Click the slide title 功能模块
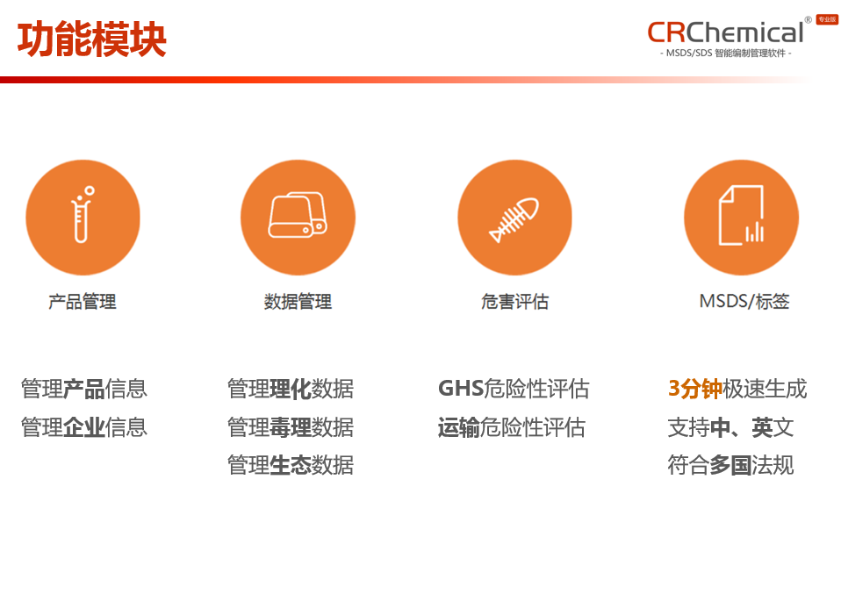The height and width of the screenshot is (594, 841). [92, 39]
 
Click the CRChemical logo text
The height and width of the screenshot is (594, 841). [725, 32]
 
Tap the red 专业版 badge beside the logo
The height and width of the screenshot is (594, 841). [827, 19]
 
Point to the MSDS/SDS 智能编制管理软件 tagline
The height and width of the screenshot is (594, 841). [725, 54]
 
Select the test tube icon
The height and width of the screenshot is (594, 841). [83, 217]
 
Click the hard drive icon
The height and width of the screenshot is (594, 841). [298, 217]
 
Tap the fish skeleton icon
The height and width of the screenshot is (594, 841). [514, 217]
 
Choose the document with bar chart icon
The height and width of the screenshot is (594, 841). [741, 217]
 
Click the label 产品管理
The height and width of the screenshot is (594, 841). [83, 302]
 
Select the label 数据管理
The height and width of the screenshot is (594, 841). [298, 302]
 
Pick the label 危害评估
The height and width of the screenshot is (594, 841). [514, 302]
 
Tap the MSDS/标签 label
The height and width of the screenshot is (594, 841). [744, 302]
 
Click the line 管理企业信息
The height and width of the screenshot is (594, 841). [84, 427]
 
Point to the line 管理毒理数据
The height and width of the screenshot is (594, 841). [291, 427]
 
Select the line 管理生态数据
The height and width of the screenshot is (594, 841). [291, 465]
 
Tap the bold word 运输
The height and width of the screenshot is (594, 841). [459, 427]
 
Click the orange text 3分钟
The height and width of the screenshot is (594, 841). [694, 389]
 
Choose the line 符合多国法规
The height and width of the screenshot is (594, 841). [730, 465]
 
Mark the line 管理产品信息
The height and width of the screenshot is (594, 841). [84, 389]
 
